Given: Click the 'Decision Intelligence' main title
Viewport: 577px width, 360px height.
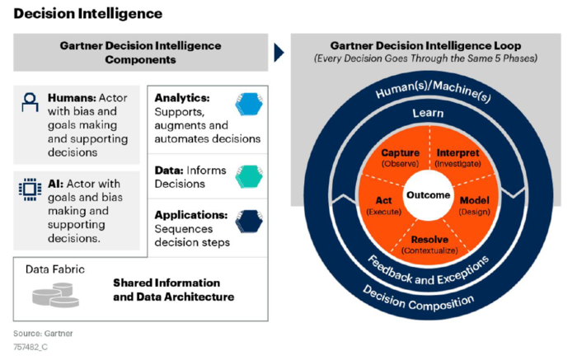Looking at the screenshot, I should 87,13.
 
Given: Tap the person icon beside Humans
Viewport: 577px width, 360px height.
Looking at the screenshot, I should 29,103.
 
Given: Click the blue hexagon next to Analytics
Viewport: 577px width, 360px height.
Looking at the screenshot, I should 247,105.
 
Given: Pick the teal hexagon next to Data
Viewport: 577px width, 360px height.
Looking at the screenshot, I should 247,175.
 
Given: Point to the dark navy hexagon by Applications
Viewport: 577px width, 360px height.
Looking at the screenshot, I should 247,222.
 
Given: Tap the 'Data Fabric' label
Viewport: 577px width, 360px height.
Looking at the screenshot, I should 54,269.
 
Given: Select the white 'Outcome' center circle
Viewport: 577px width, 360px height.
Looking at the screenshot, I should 428,195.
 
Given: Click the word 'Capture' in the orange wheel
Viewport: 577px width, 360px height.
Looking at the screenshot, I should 401,153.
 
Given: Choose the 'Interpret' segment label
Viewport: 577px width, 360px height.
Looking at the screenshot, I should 457,153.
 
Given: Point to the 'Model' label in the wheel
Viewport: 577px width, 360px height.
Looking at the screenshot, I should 474,200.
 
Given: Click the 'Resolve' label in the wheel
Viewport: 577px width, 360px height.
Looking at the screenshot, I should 429,239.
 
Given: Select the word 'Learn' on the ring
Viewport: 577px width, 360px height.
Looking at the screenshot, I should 428,113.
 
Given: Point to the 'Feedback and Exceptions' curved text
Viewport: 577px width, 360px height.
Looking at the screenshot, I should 429,273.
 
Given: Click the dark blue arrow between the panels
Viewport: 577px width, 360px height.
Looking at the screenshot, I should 279,53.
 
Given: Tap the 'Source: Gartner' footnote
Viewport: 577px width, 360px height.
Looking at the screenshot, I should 42,333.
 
